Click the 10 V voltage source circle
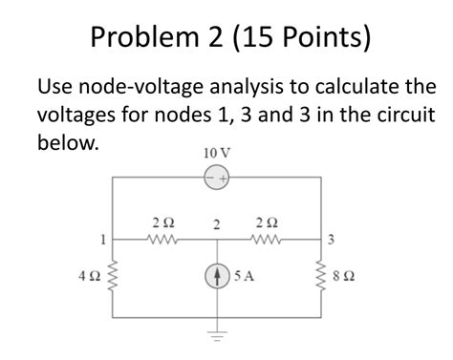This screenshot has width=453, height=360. (x=217, y=179)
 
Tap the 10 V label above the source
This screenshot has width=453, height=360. (x=217, y=153)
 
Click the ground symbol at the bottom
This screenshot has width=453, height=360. (x=217, y=335)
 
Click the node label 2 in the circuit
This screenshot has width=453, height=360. (x=217, y=225)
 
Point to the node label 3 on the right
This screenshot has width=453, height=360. (x=331, y=239)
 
